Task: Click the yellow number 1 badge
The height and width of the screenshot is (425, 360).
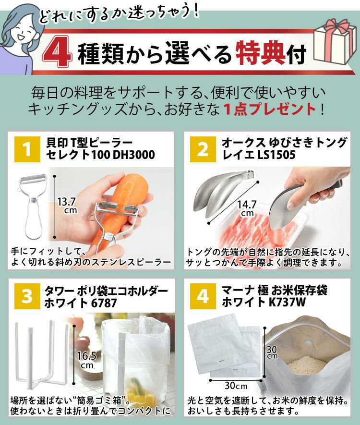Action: click(27, 149)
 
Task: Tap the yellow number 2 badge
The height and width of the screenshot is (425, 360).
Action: click(203, 149)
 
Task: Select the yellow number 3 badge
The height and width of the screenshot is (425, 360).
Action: click(27, 296)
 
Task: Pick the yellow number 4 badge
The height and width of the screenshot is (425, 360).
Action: click(203, 296)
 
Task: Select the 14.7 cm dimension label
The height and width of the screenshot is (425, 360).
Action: click(247, 208)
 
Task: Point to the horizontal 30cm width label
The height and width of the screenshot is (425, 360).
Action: click(236, 385)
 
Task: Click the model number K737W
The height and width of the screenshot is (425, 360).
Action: click(288, 302)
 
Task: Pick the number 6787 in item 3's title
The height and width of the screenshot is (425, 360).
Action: click(104, 303)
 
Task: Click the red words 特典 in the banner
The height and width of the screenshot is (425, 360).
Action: click(260, 53)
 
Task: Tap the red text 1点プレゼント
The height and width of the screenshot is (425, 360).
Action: click(270, 109)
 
